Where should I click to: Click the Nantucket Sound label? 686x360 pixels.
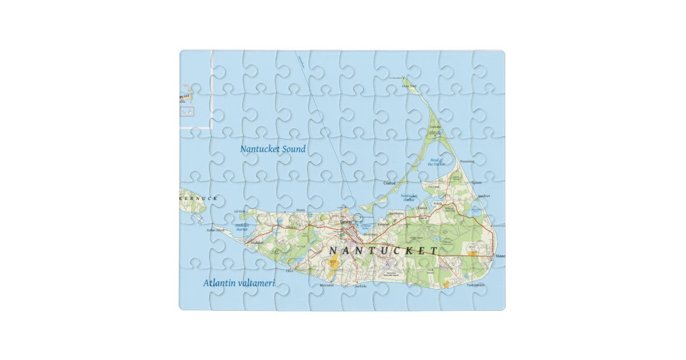(273, 149)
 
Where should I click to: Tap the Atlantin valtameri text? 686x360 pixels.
(240, 283)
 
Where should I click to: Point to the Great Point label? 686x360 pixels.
(409, 86)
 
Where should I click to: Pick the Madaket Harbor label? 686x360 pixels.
(242, 227)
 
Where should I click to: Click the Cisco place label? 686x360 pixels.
(290, 271)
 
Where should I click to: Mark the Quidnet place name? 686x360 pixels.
(484, 195)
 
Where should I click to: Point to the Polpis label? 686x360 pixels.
(438, 203)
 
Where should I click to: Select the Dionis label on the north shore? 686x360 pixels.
(301, 210)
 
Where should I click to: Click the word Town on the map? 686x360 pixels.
(346, 222)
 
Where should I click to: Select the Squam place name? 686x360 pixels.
(476, 182)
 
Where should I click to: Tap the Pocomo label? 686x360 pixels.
(433, 186)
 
